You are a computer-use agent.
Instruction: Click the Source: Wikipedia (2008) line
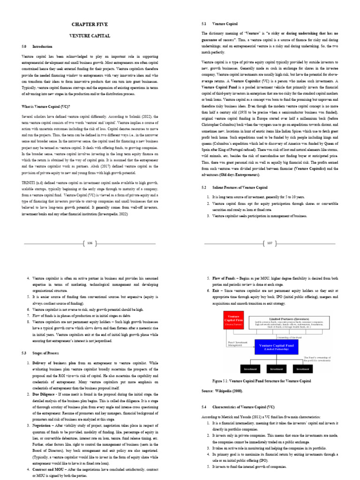point(223,390)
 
